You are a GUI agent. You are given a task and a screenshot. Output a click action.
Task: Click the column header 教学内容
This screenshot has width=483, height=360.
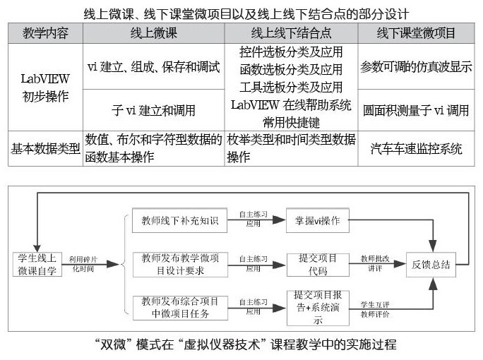pyautogui.click(x=44, y=32)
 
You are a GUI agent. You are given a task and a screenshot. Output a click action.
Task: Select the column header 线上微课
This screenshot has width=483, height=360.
pyautogui.click(x=152, y=32)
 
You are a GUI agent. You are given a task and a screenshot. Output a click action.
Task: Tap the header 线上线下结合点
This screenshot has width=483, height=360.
pyautogui.click(x=291, y=32)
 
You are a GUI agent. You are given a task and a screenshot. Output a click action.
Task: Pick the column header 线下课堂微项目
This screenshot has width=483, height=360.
pyautogui.click(x=417, y=32)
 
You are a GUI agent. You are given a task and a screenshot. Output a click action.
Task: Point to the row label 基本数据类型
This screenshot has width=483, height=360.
pyautogui.click(x=44, y=148)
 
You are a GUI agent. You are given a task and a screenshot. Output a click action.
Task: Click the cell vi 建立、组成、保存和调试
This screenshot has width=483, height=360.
pyautogui.click(x=152, y=68)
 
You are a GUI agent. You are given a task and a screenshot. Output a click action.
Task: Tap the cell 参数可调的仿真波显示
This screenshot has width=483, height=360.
pyautogui.click(x=417, y=68)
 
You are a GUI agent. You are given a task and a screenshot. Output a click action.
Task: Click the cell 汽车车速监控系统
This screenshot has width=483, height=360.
pyautogui.click(x=417, y=149)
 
